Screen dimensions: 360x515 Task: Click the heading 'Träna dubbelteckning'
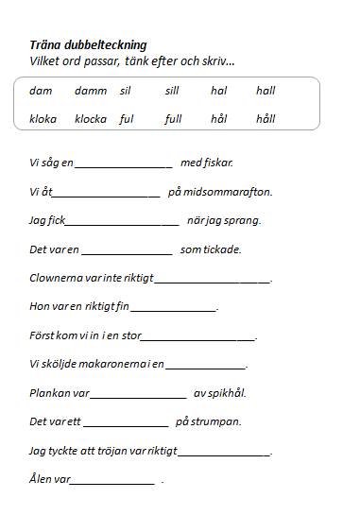[88, 44]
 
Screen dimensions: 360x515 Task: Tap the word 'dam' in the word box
[41, 91]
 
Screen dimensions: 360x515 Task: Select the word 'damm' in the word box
[91, 91]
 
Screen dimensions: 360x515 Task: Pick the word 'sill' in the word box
[171, 91]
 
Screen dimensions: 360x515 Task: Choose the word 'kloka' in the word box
[43, 119]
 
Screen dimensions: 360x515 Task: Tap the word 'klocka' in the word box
[91, 119]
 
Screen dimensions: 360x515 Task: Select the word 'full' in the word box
[173, 119]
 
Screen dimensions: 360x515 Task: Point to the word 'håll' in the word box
[266, 119]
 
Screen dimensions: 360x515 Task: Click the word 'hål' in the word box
[219, 119]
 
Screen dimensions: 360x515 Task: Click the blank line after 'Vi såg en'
[123, 166]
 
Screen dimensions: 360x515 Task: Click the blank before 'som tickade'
[127, 253]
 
